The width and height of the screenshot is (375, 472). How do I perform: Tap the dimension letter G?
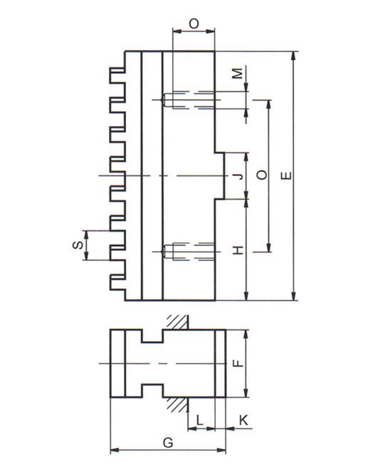point(168,443)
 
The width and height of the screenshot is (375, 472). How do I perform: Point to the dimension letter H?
point(238,250)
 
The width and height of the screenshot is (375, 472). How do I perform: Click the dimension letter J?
point(239,176)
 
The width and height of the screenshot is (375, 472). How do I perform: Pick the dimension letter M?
point(238,73)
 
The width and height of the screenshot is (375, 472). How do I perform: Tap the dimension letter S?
point(78,245)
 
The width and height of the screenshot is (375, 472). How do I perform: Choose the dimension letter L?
point(200,420)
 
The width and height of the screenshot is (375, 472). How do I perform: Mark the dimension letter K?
point(244,420)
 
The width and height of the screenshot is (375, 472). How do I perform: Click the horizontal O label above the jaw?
point(194,24)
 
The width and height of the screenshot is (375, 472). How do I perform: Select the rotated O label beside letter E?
point(262,175)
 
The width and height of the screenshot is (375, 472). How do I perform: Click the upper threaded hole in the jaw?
point(189,101)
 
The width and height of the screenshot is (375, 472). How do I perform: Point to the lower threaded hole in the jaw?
point(189,252)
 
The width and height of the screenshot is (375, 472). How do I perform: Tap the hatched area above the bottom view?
point(178,322)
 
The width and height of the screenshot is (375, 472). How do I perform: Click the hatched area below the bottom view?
point(178,405)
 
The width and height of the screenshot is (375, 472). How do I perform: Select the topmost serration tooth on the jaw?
point(117,75)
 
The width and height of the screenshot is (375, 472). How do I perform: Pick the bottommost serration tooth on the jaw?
point(117,282)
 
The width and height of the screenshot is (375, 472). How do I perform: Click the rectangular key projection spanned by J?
point(220,176)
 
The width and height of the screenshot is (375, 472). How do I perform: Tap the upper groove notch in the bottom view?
point(152,336)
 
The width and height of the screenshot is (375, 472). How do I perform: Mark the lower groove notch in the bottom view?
point(152,391)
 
